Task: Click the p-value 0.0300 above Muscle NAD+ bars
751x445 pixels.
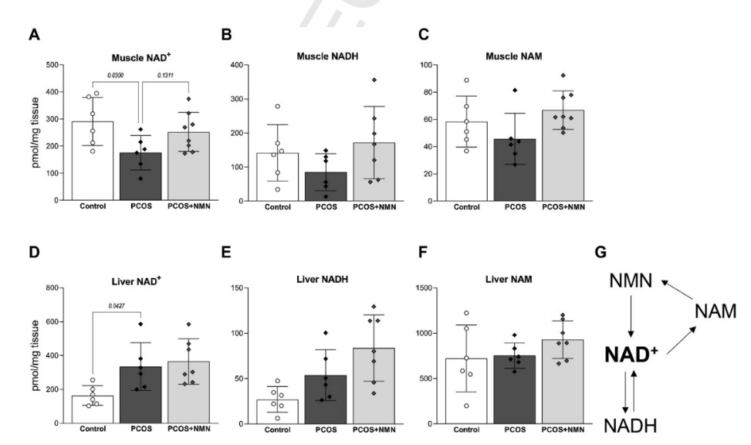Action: tap(113, 76)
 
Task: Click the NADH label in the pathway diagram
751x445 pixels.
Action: tap(631, 426)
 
